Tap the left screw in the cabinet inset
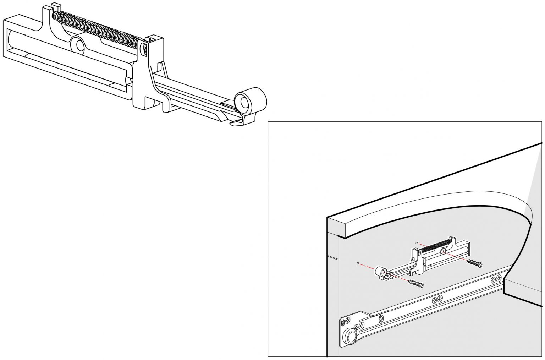(x=416, y=283)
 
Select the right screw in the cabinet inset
(x=475, y=263)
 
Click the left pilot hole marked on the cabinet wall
(x=358, y=264)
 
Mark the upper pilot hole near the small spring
(x=417, y=243)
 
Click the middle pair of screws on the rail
(x=437, y=299)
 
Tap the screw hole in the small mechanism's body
(x=443, y=252)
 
